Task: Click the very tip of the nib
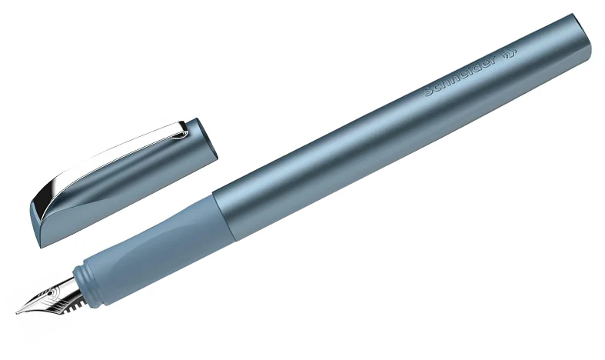[x=17, y=313]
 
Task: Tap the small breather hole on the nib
[x=49, y=293]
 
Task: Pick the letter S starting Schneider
[x=429, y=92]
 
